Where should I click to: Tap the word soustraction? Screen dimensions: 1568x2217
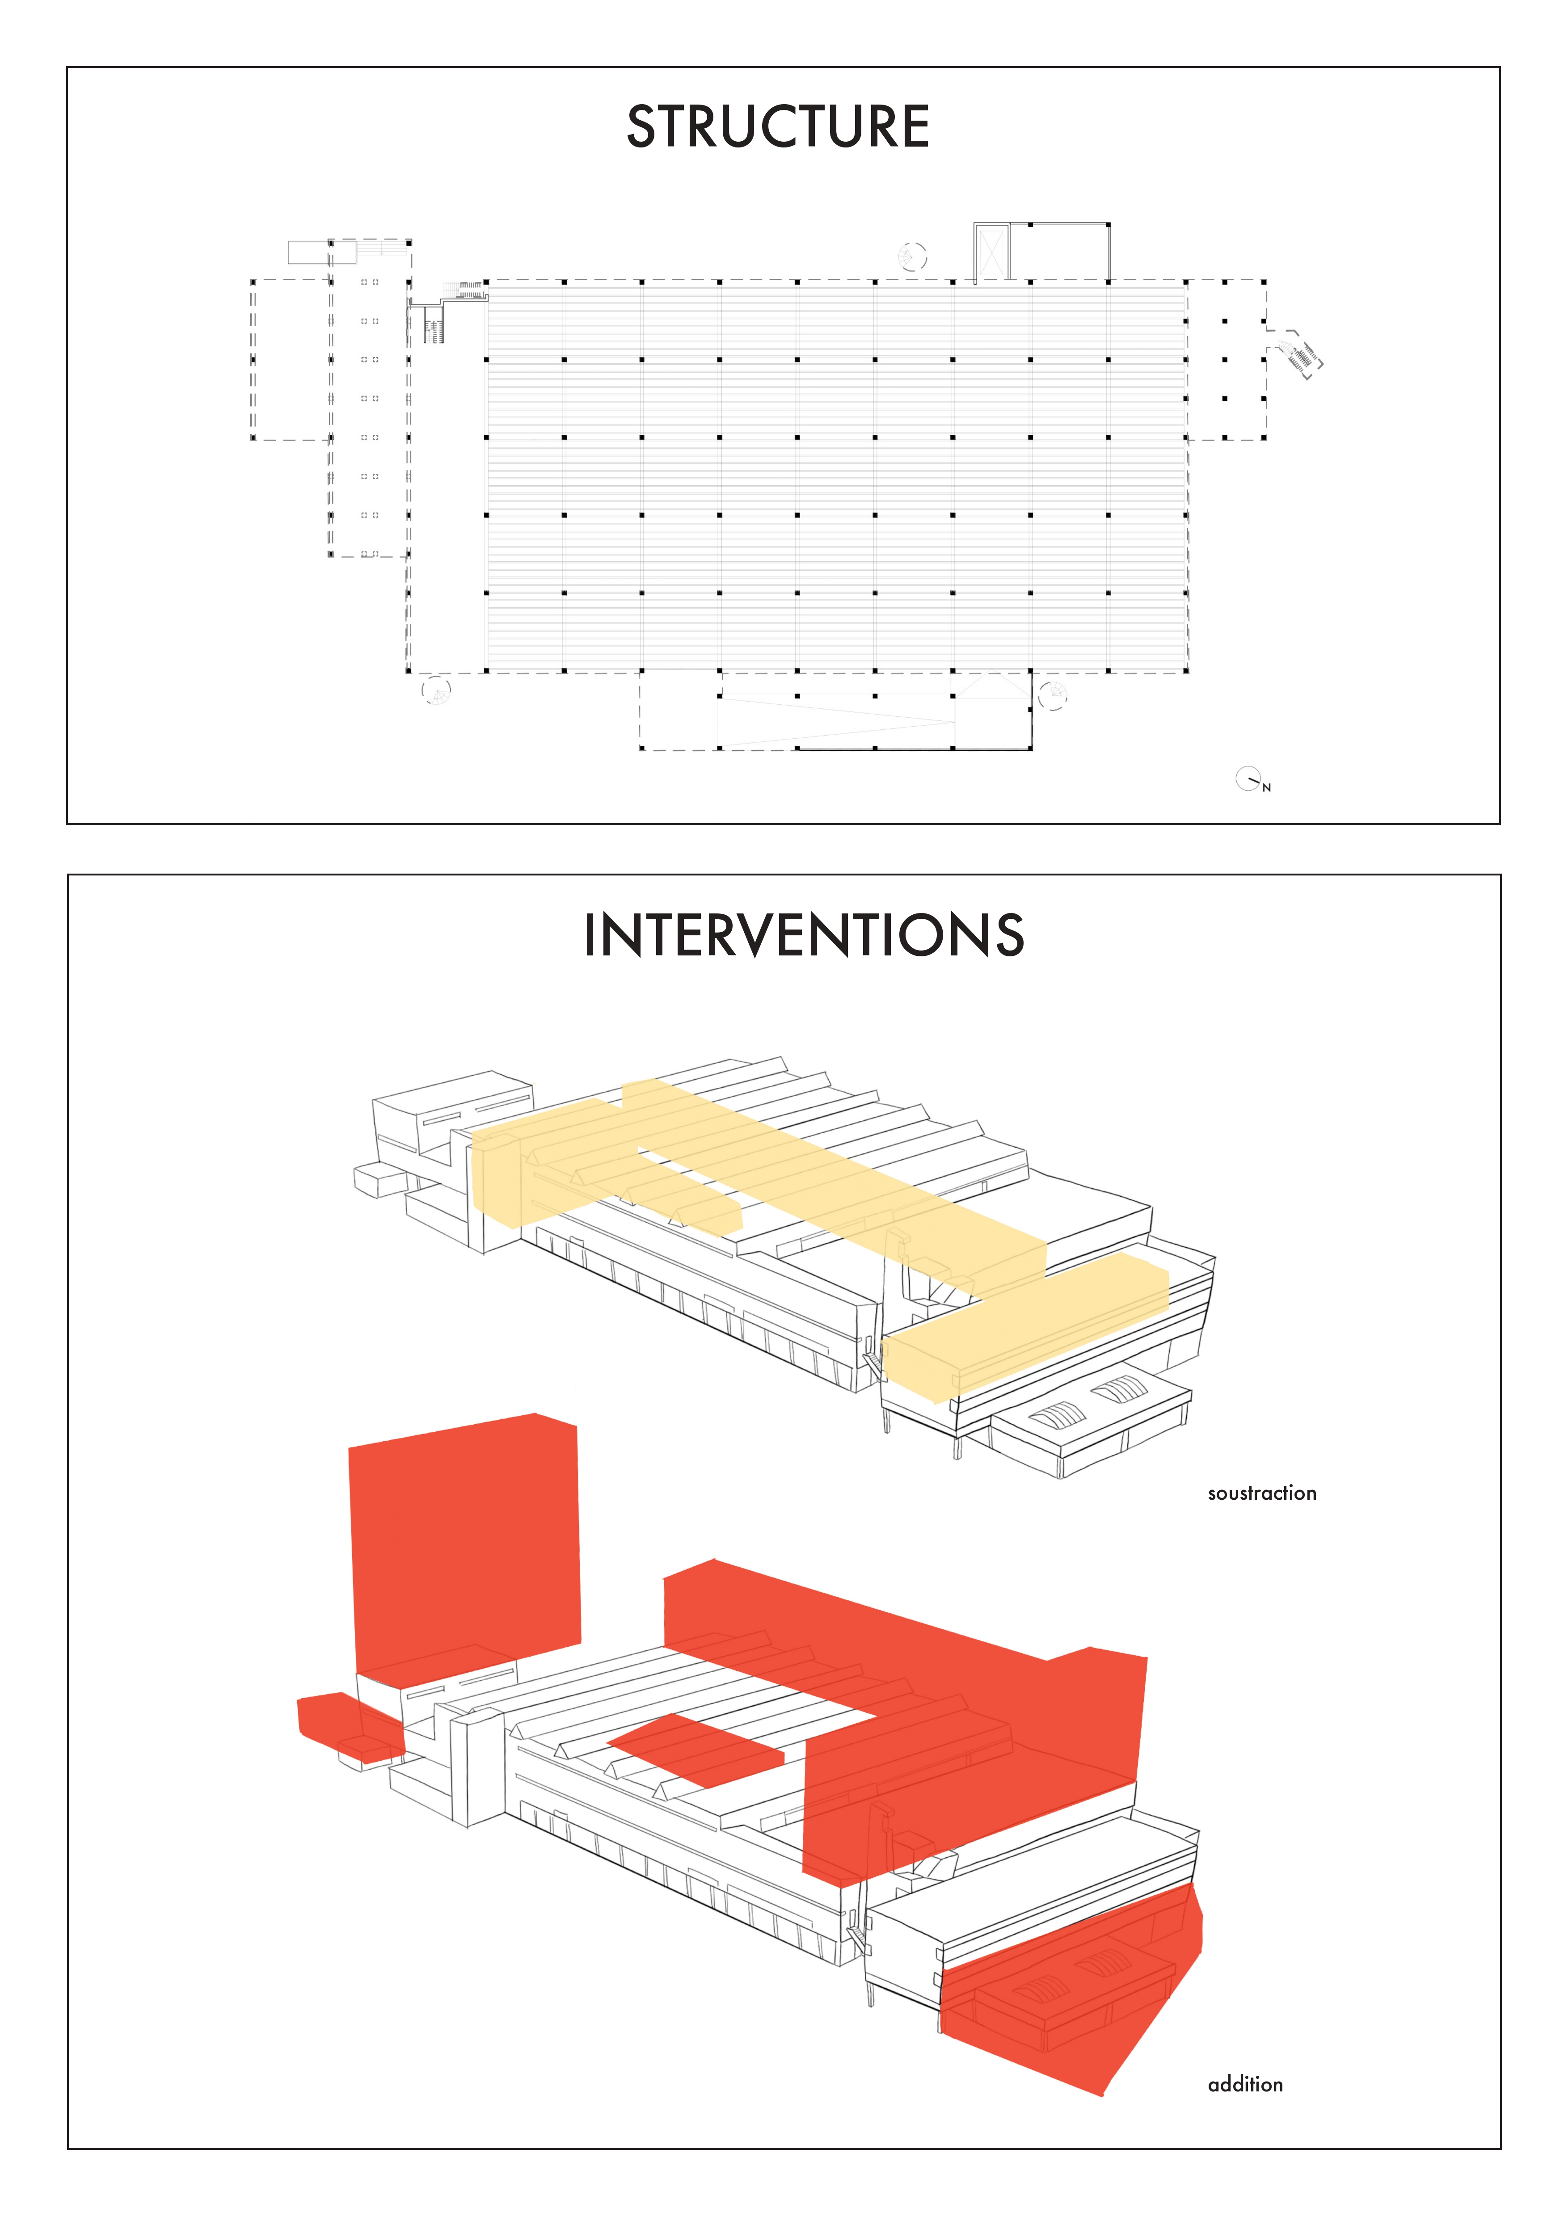tap(1262, 1493)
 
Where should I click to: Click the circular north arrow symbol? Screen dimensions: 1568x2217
tap(1248, 778)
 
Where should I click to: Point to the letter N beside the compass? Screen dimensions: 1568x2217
tap(1267, 788)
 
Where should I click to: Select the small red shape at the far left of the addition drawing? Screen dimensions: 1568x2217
tap(348, 1725)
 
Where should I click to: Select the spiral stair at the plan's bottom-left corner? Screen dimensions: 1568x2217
tap(436, 691)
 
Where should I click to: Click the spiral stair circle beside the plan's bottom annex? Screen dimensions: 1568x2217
tap(1053, 695)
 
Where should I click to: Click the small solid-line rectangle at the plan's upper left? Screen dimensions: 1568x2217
tap(309, 252)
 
